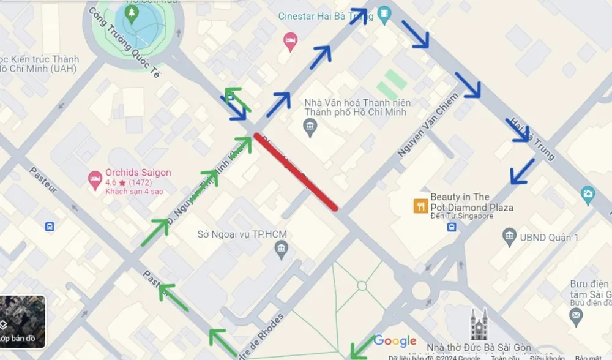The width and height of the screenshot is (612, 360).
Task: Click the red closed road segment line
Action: point(296,171)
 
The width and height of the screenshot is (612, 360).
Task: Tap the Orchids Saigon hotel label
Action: point(138,173)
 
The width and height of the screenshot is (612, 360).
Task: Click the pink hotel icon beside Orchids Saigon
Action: point(95,179)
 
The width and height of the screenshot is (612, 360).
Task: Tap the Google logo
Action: point(395,341)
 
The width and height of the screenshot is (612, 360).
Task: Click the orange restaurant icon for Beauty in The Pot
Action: point(420,206)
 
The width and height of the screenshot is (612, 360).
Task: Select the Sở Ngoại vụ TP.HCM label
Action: point(242,234)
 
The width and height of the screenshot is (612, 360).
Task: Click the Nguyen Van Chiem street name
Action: point(427,124)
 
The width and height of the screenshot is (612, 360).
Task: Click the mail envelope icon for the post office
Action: point(576,317)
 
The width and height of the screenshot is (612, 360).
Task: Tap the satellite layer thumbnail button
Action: point(23,321)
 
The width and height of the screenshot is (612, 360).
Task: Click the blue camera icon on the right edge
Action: point(588,195)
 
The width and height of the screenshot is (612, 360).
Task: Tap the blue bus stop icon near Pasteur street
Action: point(50,227)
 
